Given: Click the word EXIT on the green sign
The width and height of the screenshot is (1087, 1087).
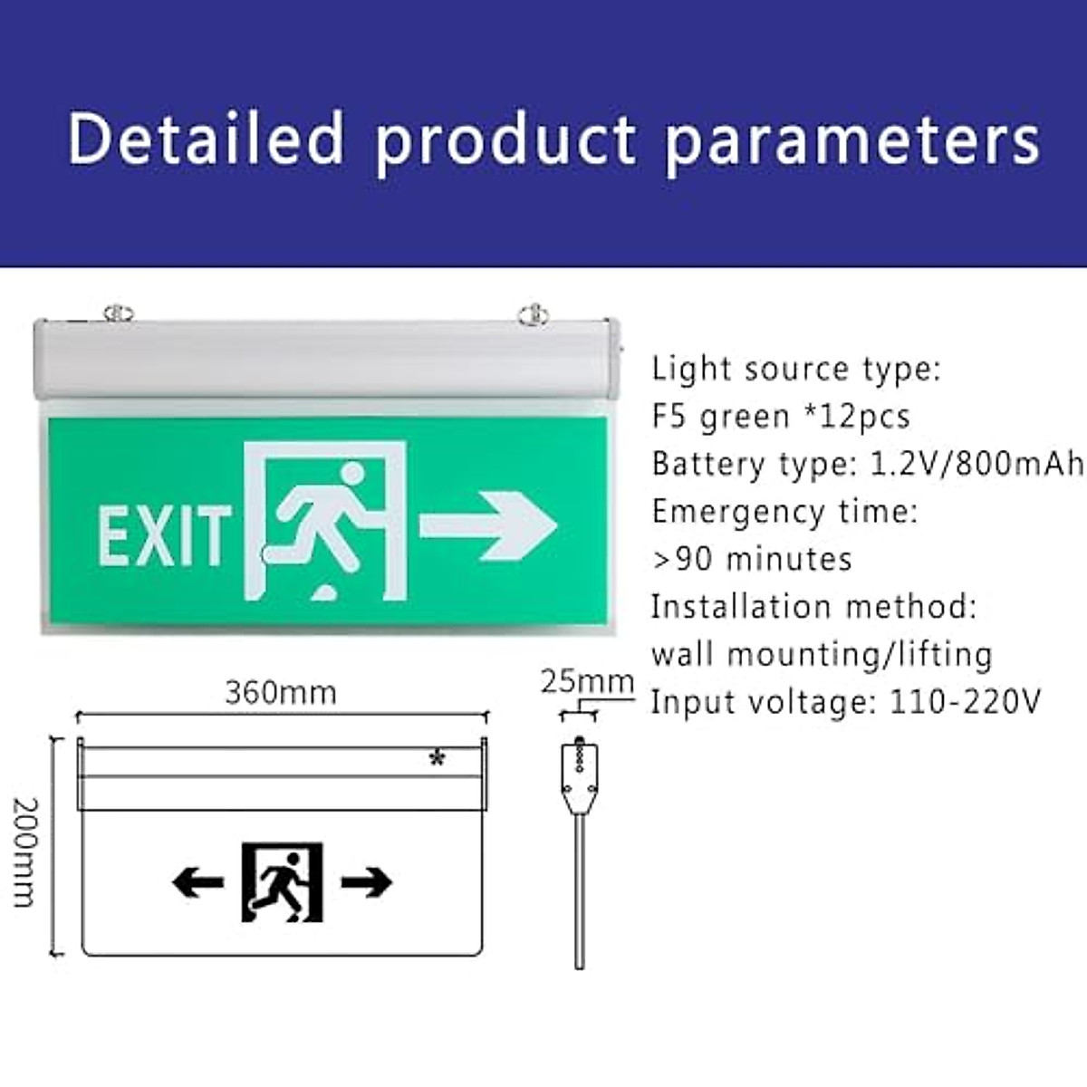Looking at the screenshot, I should [163, 536].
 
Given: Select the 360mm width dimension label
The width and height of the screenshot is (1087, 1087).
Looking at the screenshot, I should [281, 693].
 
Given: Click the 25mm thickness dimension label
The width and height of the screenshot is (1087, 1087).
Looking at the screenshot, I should [587, 682].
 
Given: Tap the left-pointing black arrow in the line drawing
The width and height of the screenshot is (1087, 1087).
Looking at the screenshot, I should [197, 881].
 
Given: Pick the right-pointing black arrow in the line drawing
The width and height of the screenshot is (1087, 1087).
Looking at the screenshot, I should [366, 881].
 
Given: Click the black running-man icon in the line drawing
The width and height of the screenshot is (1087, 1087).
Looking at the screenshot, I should [282, 881].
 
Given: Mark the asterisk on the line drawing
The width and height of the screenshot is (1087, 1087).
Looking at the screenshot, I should [438, 759].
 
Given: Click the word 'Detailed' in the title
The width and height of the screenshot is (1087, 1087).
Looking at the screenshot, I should [207, 139].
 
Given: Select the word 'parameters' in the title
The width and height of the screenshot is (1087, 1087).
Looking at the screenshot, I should [852, 141].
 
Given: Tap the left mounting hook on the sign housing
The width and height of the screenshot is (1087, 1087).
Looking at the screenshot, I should [118, 313].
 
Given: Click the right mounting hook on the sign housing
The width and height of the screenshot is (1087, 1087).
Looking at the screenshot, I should [533, 315].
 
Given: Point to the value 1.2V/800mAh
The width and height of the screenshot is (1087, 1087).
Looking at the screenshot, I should [976, 464].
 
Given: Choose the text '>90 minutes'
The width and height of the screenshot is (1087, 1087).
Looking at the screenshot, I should [752, 559].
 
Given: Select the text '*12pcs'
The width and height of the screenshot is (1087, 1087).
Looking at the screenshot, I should [856, 416].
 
